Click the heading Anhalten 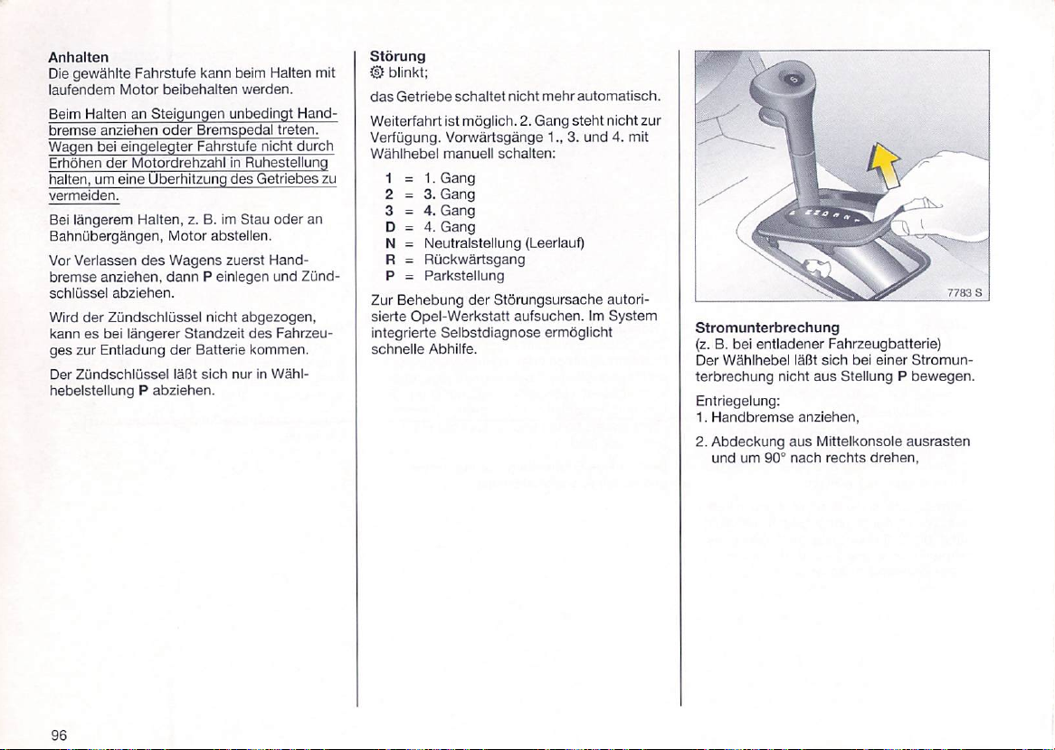(x=79, y=57)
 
